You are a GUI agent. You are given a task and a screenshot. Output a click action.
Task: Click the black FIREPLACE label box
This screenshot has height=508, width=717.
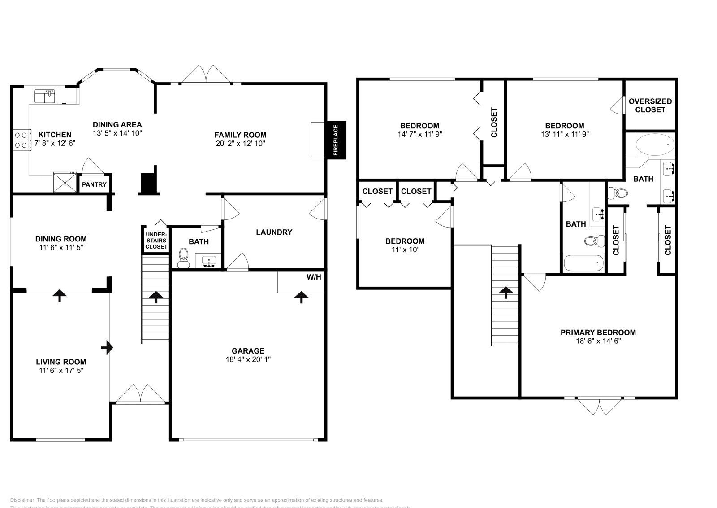[336, 140]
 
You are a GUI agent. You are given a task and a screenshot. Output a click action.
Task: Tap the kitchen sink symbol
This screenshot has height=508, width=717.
[44, 96]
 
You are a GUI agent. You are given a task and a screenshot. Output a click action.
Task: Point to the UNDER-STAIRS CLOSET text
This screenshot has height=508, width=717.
[156, 241]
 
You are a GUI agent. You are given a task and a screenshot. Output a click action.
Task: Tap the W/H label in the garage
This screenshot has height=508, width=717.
[314, 277]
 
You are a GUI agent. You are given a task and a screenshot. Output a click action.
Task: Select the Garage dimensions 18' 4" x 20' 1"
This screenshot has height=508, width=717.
[248, 359]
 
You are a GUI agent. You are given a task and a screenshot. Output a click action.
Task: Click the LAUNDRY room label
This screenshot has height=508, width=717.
[274, 232]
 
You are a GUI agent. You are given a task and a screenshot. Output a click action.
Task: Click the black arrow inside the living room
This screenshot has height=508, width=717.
[107, 347]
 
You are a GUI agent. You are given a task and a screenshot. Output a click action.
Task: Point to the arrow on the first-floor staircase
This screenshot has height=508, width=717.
[156, 297]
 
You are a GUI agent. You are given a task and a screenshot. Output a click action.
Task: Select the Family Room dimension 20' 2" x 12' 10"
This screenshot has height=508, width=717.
[240, 144]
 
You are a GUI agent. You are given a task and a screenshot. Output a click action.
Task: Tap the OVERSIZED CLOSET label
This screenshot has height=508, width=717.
[650, 105]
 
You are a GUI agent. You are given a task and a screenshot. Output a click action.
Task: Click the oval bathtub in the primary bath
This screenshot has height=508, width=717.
[655, 145]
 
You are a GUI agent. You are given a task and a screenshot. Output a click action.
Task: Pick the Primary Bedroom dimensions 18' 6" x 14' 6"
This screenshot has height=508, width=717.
[598, 341]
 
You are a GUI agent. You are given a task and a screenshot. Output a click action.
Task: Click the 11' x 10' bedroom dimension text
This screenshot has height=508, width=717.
[405, 250]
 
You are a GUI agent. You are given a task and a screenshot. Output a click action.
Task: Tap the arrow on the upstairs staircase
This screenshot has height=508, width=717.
[506, 293]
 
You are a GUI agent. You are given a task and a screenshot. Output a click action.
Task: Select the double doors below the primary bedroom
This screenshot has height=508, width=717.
[600, 406]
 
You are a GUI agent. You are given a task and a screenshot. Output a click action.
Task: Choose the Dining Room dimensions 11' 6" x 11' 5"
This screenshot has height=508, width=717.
[61, 247]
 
